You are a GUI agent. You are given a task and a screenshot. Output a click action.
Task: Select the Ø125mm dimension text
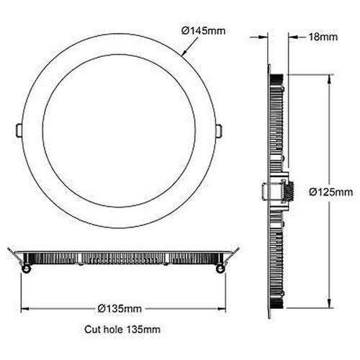(x=336, y=192)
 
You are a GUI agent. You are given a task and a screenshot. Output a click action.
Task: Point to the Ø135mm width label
(x=120, y=307)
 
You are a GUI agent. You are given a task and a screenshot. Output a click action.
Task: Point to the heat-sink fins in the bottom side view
(x=120, y=257)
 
